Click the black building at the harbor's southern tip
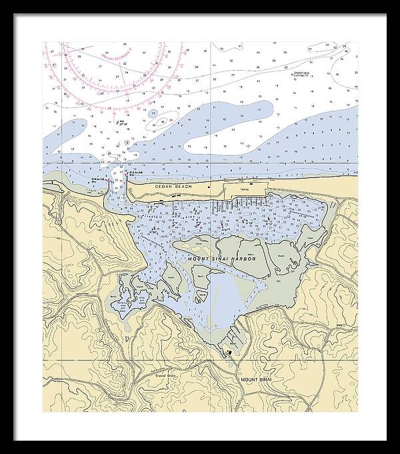click(229, 351)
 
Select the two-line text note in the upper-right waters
click(305, 74)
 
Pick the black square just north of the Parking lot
click(250, 183)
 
